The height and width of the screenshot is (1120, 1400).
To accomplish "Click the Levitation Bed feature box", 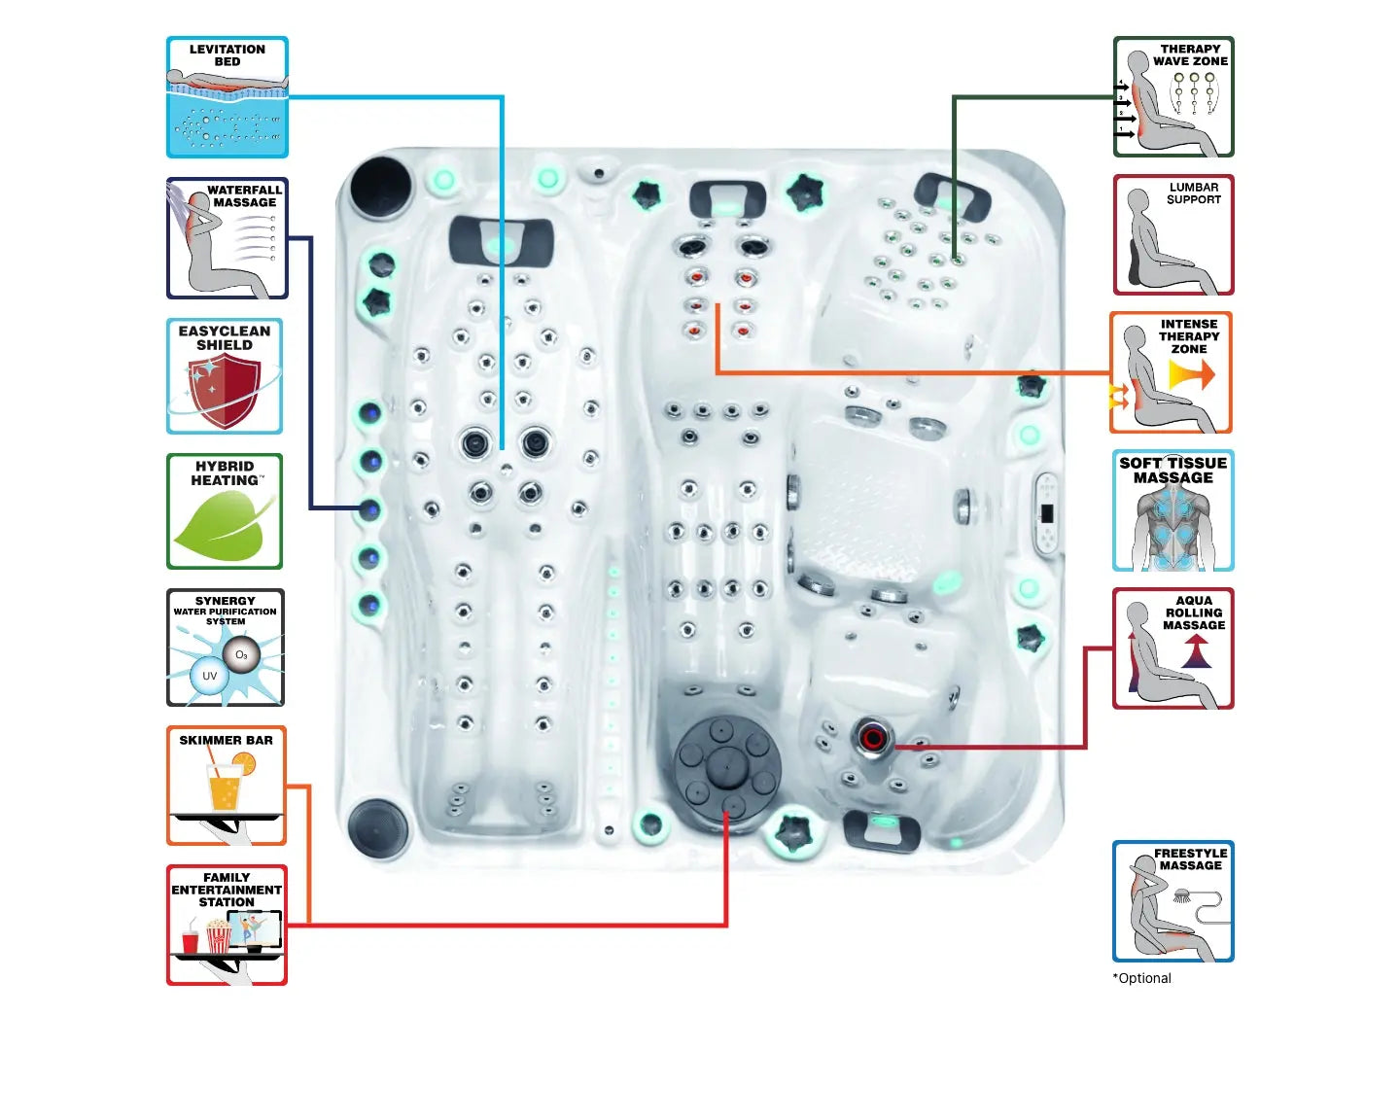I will (x=227, y=97).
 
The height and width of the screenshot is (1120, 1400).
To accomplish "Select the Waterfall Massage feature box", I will (x=227, y=238).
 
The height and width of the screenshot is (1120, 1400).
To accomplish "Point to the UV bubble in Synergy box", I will (x=209, y=676).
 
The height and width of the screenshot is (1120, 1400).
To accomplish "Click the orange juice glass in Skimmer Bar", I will (x=225, y=786).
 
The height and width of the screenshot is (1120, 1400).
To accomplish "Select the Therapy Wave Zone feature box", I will (x=1173, y=97).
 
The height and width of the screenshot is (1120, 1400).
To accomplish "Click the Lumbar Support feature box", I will (x=1173, y=235).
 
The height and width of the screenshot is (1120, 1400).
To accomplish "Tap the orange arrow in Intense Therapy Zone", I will (x=1192, y=374).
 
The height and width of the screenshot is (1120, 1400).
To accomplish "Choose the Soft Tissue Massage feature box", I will (x=1173, y=510).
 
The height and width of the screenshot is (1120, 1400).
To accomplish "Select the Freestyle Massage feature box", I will (x=1173, y=902).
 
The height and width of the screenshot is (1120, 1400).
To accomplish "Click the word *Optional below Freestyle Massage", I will (x=1142, y=978).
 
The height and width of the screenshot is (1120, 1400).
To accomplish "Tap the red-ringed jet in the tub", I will (x=872, y=739).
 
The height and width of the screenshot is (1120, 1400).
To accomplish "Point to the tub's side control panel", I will (x=1046, y=513).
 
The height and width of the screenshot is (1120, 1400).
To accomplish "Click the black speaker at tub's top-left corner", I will (x=380, y=188).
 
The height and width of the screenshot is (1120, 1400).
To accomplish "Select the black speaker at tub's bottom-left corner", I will (x=377, y=827).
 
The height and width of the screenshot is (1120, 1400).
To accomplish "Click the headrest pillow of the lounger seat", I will (x=502, y=239).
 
